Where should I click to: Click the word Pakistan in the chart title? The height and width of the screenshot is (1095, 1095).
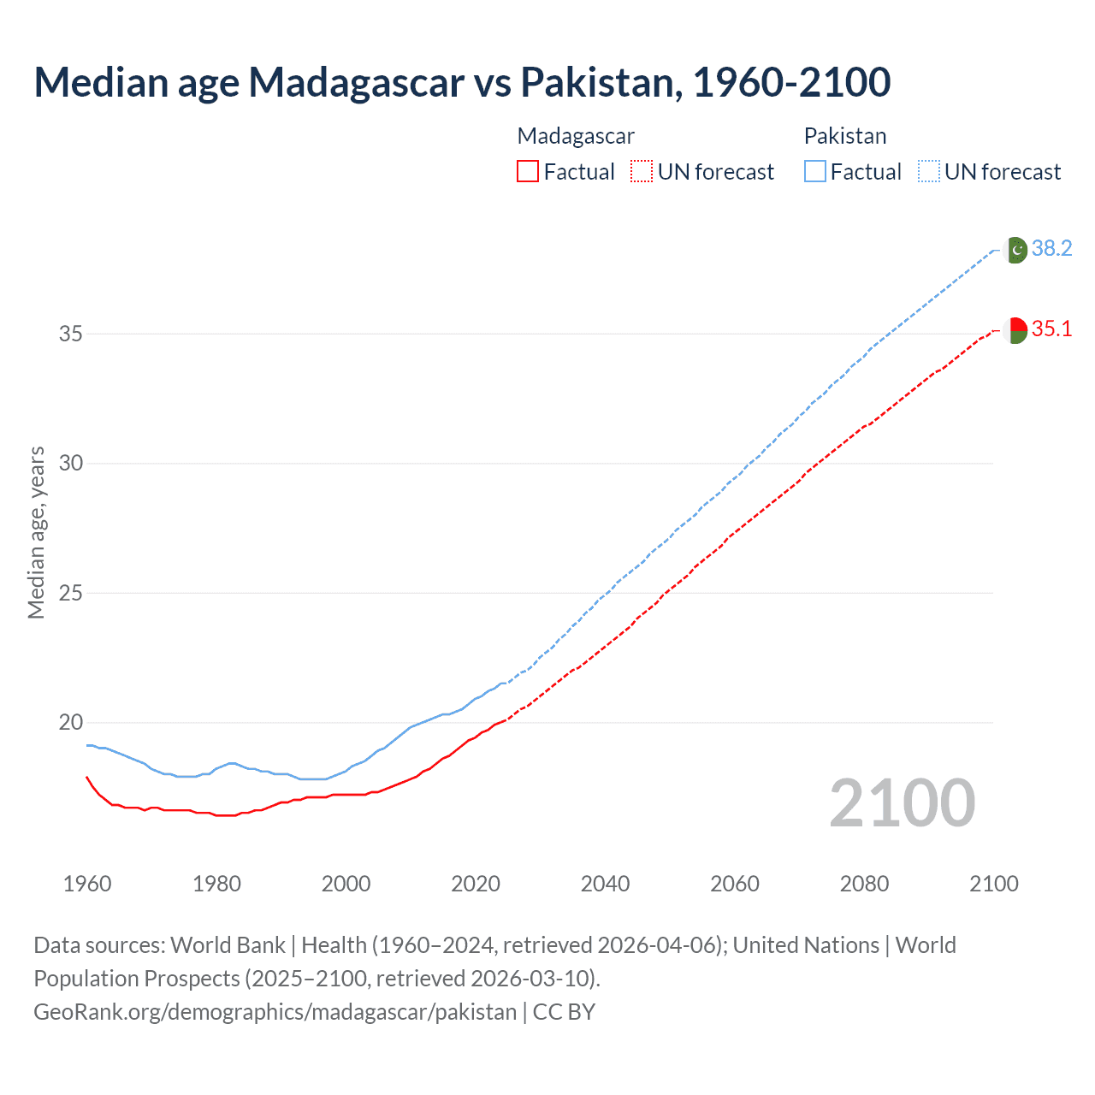pyautogui.click(x=601, y=82)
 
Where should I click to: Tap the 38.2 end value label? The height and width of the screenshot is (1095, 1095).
pyautogui.click(x=1051, y=249)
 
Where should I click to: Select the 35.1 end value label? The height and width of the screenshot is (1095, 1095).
pyautogui.click(x=1051, y=329)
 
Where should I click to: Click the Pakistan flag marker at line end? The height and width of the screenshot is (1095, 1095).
pyautogui.click(x=1015, y=250)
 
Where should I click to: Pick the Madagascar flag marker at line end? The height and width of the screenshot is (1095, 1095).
pyautogui.click(x=1015, y=330)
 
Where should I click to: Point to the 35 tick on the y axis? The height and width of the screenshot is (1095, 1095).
pyautogui.click(x=71, y=334)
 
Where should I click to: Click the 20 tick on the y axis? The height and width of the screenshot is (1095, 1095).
pyautogui.click(x=71, y=723)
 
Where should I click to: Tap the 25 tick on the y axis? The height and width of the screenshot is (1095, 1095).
pyautogui.click(x=71, y=593)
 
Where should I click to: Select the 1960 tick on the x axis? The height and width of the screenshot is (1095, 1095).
pyautogui.click(x=87, y=884)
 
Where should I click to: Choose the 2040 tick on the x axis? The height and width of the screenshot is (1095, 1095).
pyautogui.click(x=605, y=884)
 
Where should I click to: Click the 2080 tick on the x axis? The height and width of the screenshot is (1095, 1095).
pyautogui.click(x=864, y=884)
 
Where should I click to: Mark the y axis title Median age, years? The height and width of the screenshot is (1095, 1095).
pyautogui.click(x=36, y=532)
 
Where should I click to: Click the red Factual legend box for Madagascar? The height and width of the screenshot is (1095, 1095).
pyautogui.click(x=528, y=172)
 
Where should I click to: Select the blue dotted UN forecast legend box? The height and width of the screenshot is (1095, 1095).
pyautogui.click(x=929, y=172)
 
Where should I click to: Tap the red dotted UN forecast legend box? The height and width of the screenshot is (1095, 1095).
pyautogui.click(x=642, y=172)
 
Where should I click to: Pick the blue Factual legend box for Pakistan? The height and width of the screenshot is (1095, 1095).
pyautogui.click(x=815, y=172)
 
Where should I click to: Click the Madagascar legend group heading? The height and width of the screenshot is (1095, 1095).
pyautogui.click(x=576, y=136)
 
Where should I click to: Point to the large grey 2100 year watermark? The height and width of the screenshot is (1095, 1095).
pyautogui.click(x=902, y=803)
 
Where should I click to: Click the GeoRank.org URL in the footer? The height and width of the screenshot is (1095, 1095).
pyautogui.click(x=275, y=1012)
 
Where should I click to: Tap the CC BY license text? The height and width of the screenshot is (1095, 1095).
pyautogui.click(x=564, y=1012)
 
